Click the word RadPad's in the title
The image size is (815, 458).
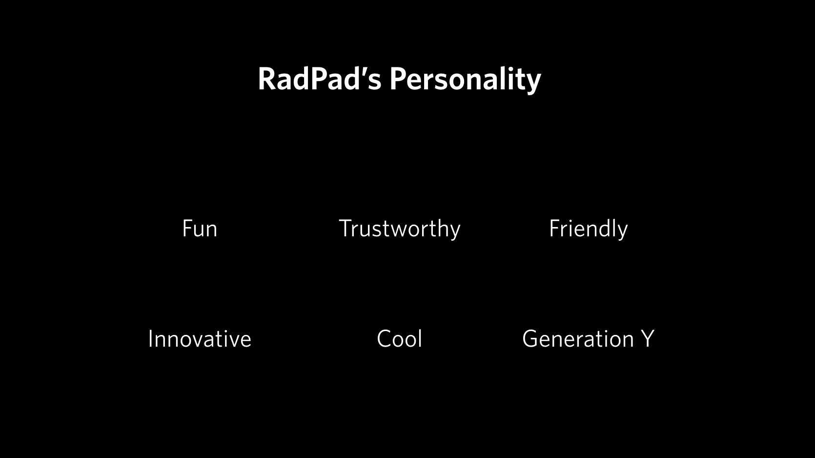(320, 79)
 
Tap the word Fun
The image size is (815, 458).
(200, 229)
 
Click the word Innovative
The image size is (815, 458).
(200, 338)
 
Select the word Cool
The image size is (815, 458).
(399, 338)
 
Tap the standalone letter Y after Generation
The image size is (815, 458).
(648, 338)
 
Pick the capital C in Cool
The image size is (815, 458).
(385, 338)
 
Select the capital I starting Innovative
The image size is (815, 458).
(150, 338)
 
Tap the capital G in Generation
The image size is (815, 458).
(531, 338)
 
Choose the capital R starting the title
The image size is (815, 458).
(266, 79)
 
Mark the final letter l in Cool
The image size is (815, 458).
(420, 338)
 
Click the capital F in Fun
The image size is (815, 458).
(188, 229)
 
